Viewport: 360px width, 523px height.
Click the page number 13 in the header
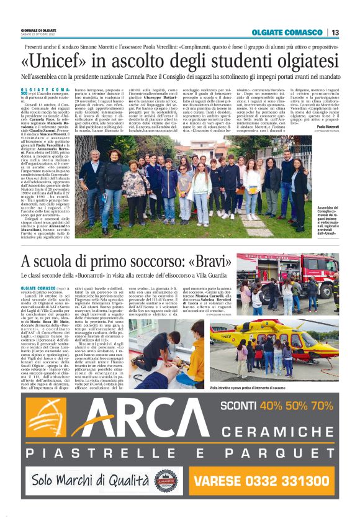pyautogui.click(x=335, y=33)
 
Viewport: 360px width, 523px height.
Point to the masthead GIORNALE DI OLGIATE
pyautogui.click(x=38, y=30)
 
